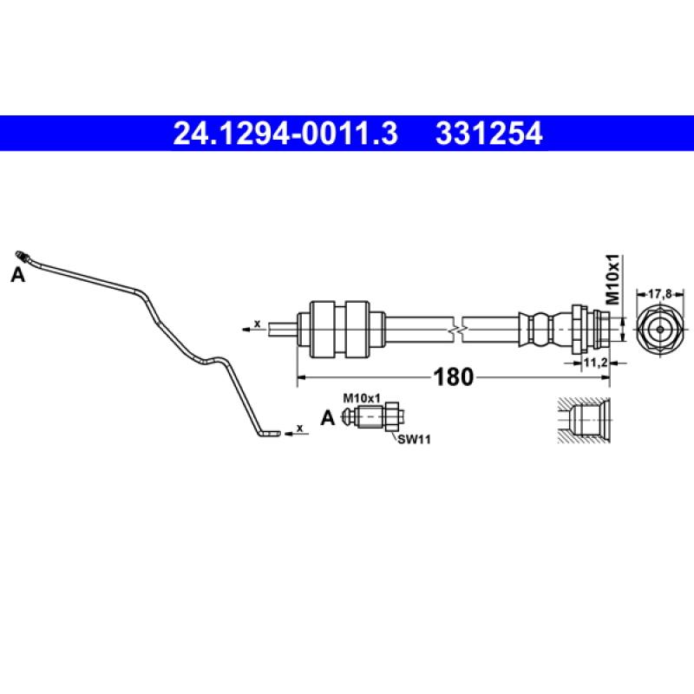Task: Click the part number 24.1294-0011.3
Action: (285, 134)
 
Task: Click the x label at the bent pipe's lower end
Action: (299, 428)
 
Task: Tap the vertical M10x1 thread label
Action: (612, 278)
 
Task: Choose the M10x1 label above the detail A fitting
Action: (362, 397)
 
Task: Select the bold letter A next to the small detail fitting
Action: (327, 419)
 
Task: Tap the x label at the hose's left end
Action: (257, 324)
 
